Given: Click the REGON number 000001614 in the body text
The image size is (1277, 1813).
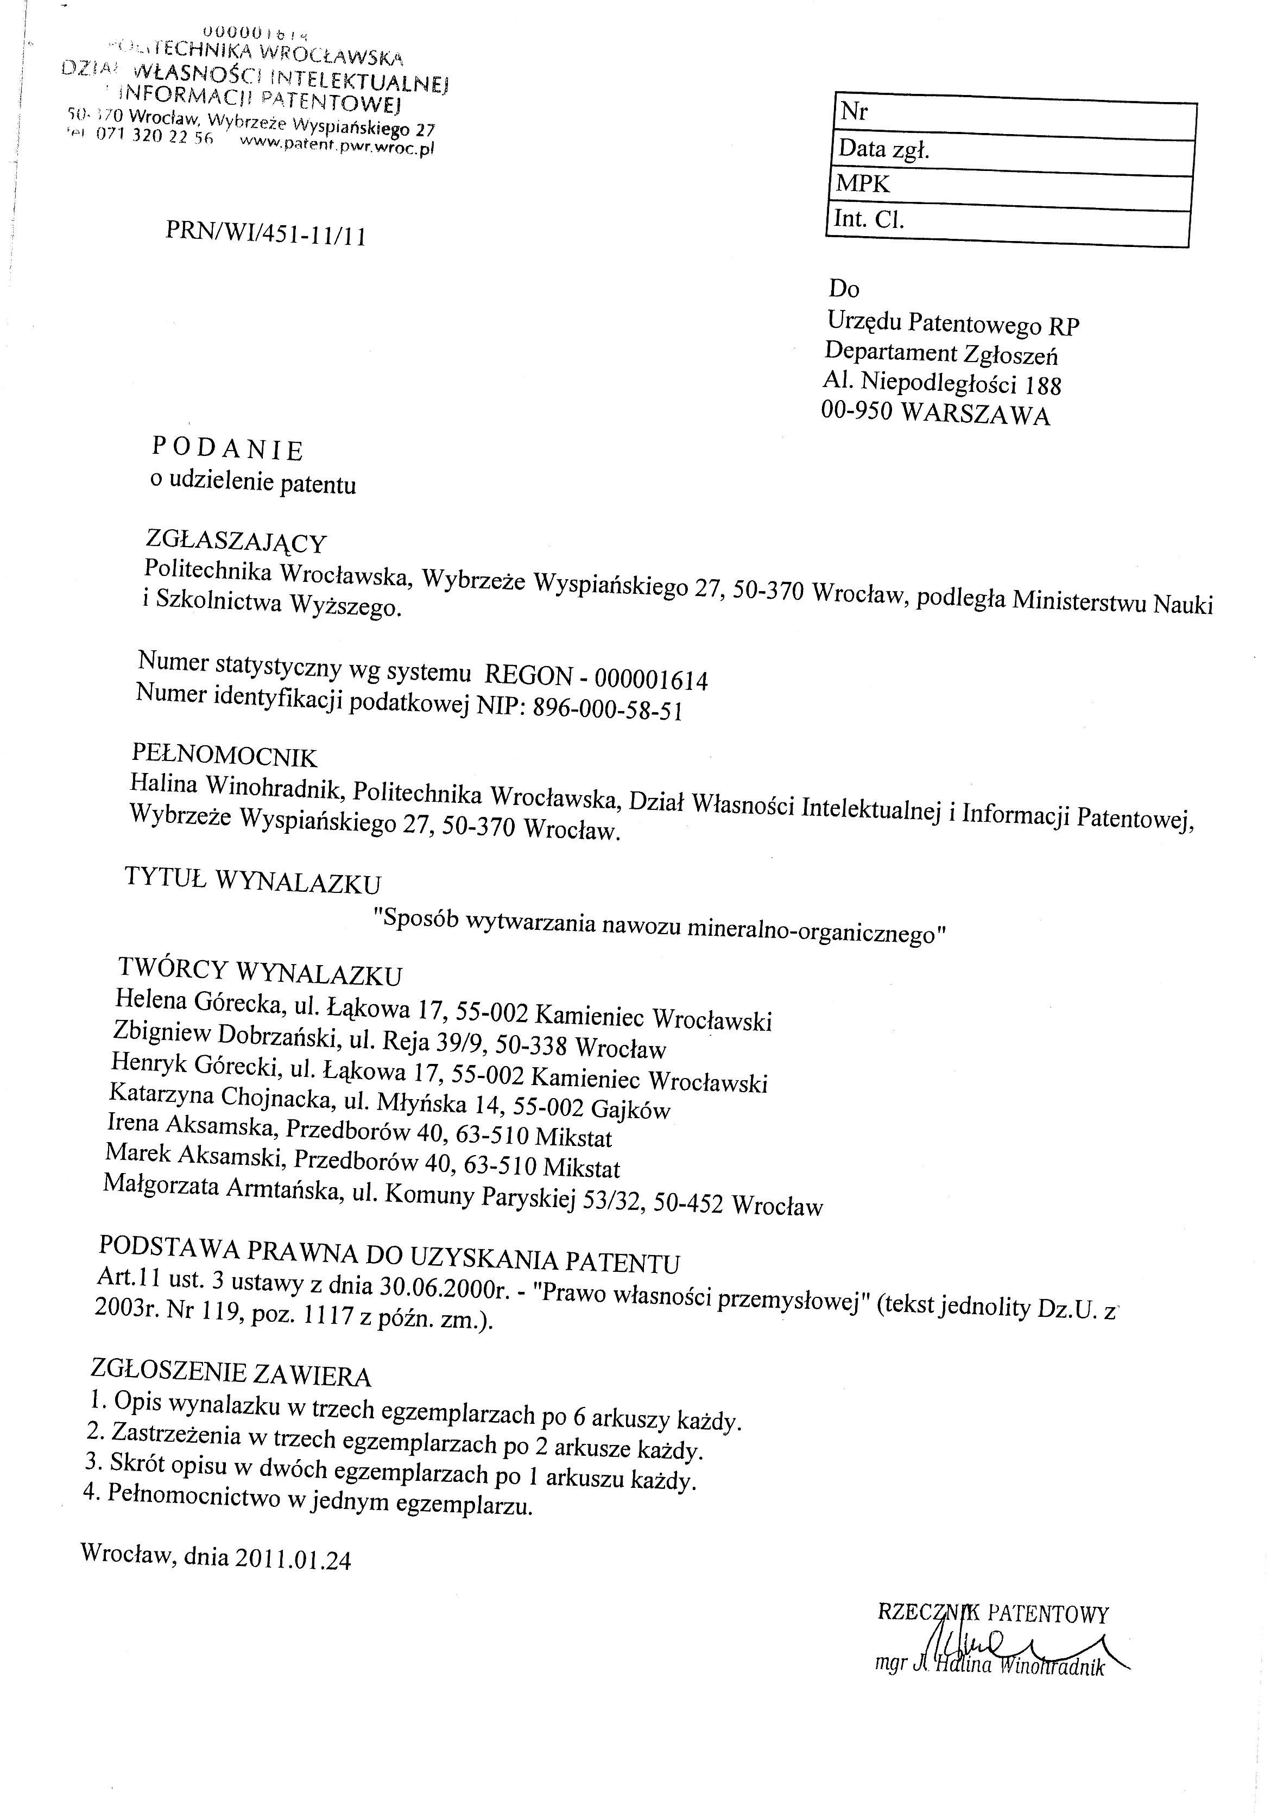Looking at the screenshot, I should pos(651,679).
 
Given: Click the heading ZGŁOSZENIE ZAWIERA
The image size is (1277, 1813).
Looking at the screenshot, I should pos(231,1372).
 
